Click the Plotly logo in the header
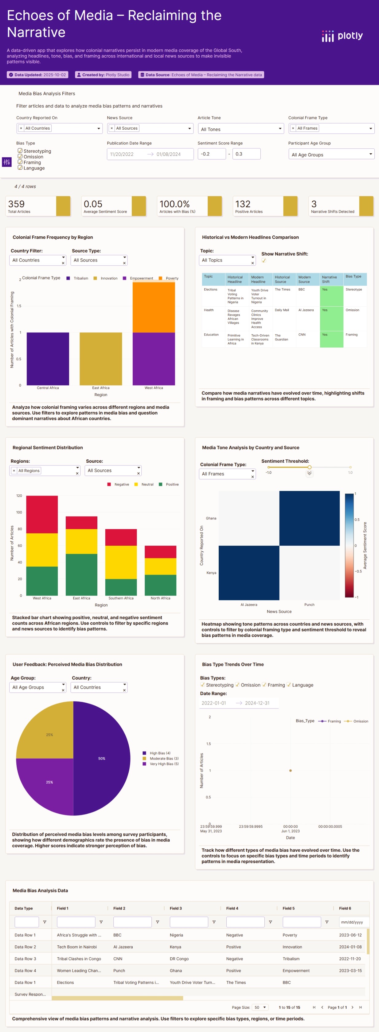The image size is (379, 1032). click(342, 36)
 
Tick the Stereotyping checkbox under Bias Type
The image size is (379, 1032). click(20, 151)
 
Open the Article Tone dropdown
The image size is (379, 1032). click(241, 129)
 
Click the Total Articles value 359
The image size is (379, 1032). click(16, 204)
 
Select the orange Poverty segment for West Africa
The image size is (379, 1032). click(154, 307)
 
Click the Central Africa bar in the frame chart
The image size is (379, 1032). click(48, 359)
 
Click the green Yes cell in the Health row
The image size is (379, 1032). click(331, 316)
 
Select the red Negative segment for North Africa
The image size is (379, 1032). click(160, 552)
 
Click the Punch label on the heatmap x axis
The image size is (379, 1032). click(309, 605)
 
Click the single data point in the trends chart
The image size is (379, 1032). click(291, 771)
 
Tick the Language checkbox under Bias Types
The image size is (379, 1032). click(289, 685)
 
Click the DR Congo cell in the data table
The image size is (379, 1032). click(176, 959)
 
